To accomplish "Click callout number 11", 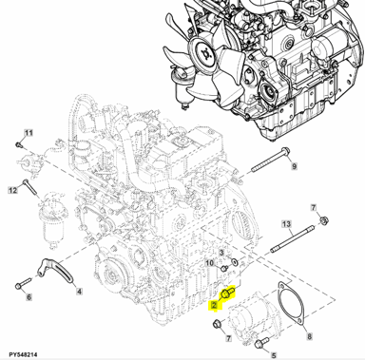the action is tap(29, 133).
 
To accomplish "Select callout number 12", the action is tap(12, 190).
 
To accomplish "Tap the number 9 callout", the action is tap(294, 166).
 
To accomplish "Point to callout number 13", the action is tap(286, 224).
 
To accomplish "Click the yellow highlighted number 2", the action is tap(215, 305).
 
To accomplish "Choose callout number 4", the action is tap(79, 291).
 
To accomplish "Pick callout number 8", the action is tap(310, 336).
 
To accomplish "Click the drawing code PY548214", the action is tap(23, 354).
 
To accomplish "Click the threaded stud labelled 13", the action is tap(293, 238).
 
